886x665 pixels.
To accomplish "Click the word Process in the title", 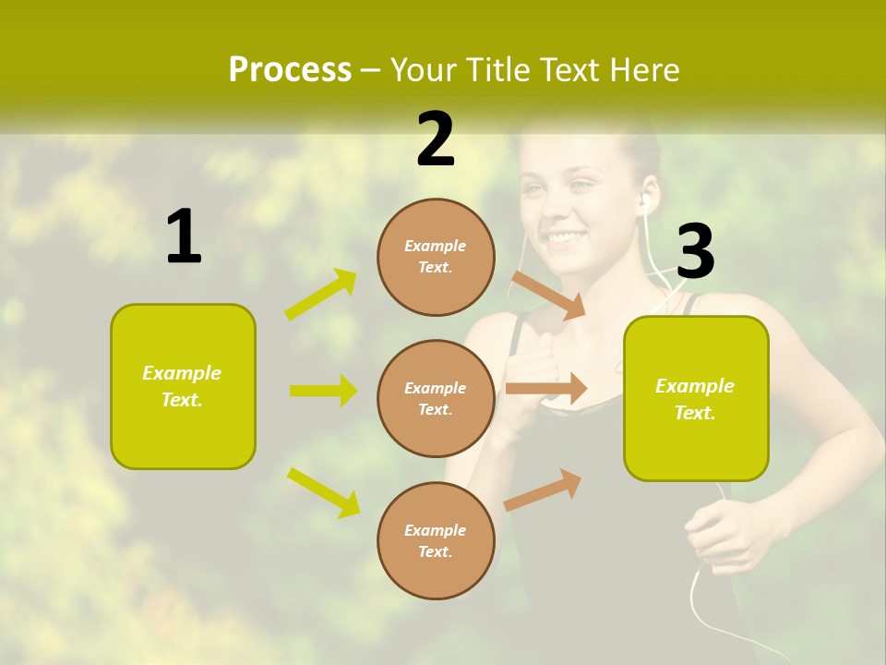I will (x=290, y=69).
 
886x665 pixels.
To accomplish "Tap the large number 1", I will (x=184, y=237).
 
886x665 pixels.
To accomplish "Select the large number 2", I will (x=436, y=139).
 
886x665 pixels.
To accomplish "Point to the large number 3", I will (x=695, y=252).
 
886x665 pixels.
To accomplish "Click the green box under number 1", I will (x=183, y=386).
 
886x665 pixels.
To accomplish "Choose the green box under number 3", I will (x=696, y=398).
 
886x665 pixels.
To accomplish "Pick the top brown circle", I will (x=436, y=257).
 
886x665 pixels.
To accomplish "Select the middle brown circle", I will (x=436, y=398).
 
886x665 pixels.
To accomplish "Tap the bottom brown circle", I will (x=436, y=540).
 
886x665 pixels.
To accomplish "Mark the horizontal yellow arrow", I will (x=323, y=391).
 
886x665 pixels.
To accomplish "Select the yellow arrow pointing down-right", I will (x=323, y=492).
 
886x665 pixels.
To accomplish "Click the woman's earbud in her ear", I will (x=644, y=200).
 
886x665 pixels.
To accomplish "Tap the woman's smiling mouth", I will (x=562, y=239).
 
